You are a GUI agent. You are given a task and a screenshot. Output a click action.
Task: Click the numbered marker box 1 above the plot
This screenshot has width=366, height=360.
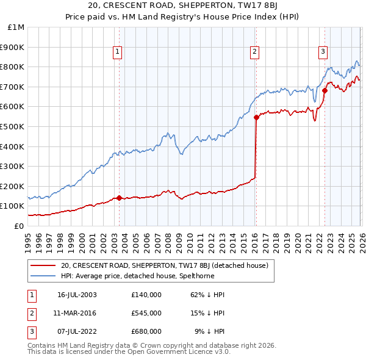coord(117,52)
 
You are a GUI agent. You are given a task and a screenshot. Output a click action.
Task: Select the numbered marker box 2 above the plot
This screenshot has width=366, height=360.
coord(254,52)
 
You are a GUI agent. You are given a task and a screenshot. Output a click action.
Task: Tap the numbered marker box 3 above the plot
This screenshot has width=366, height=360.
coord(323,52)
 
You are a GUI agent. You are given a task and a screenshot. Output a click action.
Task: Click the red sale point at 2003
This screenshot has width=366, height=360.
coord(119,198)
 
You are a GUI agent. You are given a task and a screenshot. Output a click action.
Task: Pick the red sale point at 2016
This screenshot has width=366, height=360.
coord(256,118)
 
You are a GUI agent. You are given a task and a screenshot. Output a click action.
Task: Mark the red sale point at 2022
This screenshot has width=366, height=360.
coord(325,91)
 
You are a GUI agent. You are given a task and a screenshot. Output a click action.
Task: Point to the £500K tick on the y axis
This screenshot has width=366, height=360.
coord(13,126)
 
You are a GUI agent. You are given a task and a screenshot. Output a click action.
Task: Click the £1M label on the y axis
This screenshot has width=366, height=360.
coord(16,27)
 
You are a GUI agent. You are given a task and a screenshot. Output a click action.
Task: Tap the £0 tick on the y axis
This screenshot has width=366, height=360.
coord(20,226)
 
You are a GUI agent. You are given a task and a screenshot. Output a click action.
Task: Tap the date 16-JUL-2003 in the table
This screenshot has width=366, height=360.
coord(77,295)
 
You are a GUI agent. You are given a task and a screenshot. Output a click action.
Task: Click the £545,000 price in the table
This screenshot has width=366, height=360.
coord(146,313)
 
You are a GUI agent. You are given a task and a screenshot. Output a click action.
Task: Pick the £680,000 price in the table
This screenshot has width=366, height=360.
coord(146,331)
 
